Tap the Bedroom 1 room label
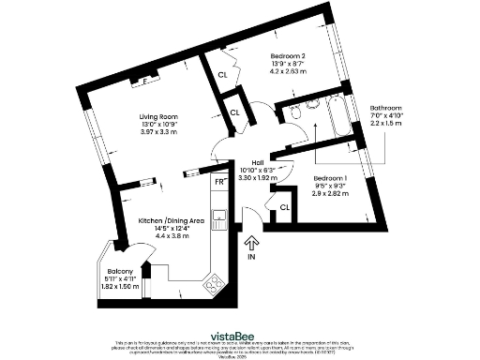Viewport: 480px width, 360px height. pyautogui.click(x=330, y=177)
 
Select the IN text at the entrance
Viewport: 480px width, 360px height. pyautogui.click(x=251, y=256)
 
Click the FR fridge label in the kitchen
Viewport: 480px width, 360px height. pyautogui.click(x=218, y=183)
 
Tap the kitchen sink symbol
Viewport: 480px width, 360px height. pyautogui.click(x=219, y=219)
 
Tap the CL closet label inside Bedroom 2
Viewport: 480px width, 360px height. pyautogui.click(x=222, y=75)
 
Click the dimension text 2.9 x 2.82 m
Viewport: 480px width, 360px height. pyautogui.click(x=330, y=194)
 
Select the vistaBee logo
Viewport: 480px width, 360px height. pyautogui.click(x=240, y=334)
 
